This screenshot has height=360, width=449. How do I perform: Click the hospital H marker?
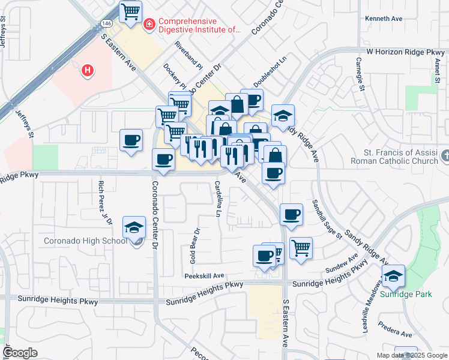click(88, 71)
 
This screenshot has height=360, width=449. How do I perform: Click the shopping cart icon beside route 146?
click(131, 11)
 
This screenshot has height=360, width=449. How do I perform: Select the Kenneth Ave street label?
click(384, 19)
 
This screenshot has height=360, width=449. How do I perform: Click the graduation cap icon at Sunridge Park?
click(393, 275)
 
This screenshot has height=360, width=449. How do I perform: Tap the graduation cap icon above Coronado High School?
click(134, 227)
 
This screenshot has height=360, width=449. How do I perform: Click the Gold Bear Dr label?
click(194, 246)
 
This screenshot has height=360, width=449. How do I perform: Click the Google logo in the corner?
click(20, 353)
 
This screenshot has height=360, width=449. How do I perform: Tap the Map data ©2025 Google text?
click(411, 355)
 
